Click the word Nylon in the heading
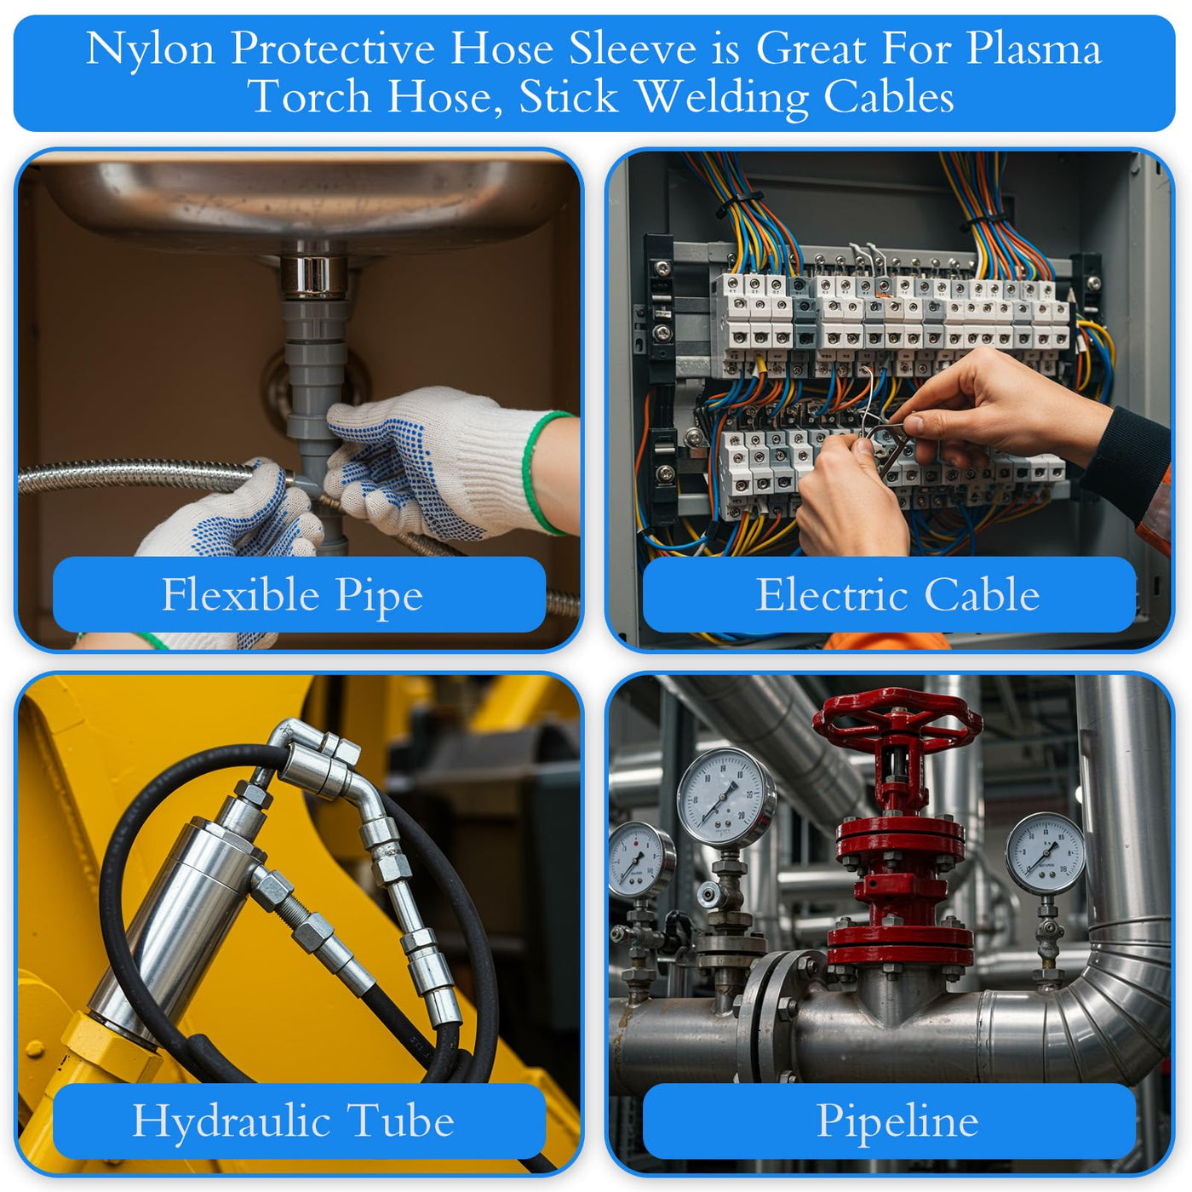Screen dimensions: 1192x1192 tap(151, 49)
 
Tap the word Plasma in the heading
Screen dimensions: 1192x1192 tap(1034, 49)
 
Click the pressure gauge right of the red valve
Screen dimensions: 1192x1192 tap(1046, 853)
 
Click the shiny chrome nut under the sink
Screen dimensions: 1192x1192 tap(313, 277)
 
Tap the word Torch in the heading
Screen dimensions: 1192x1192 tap(309, 98)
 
